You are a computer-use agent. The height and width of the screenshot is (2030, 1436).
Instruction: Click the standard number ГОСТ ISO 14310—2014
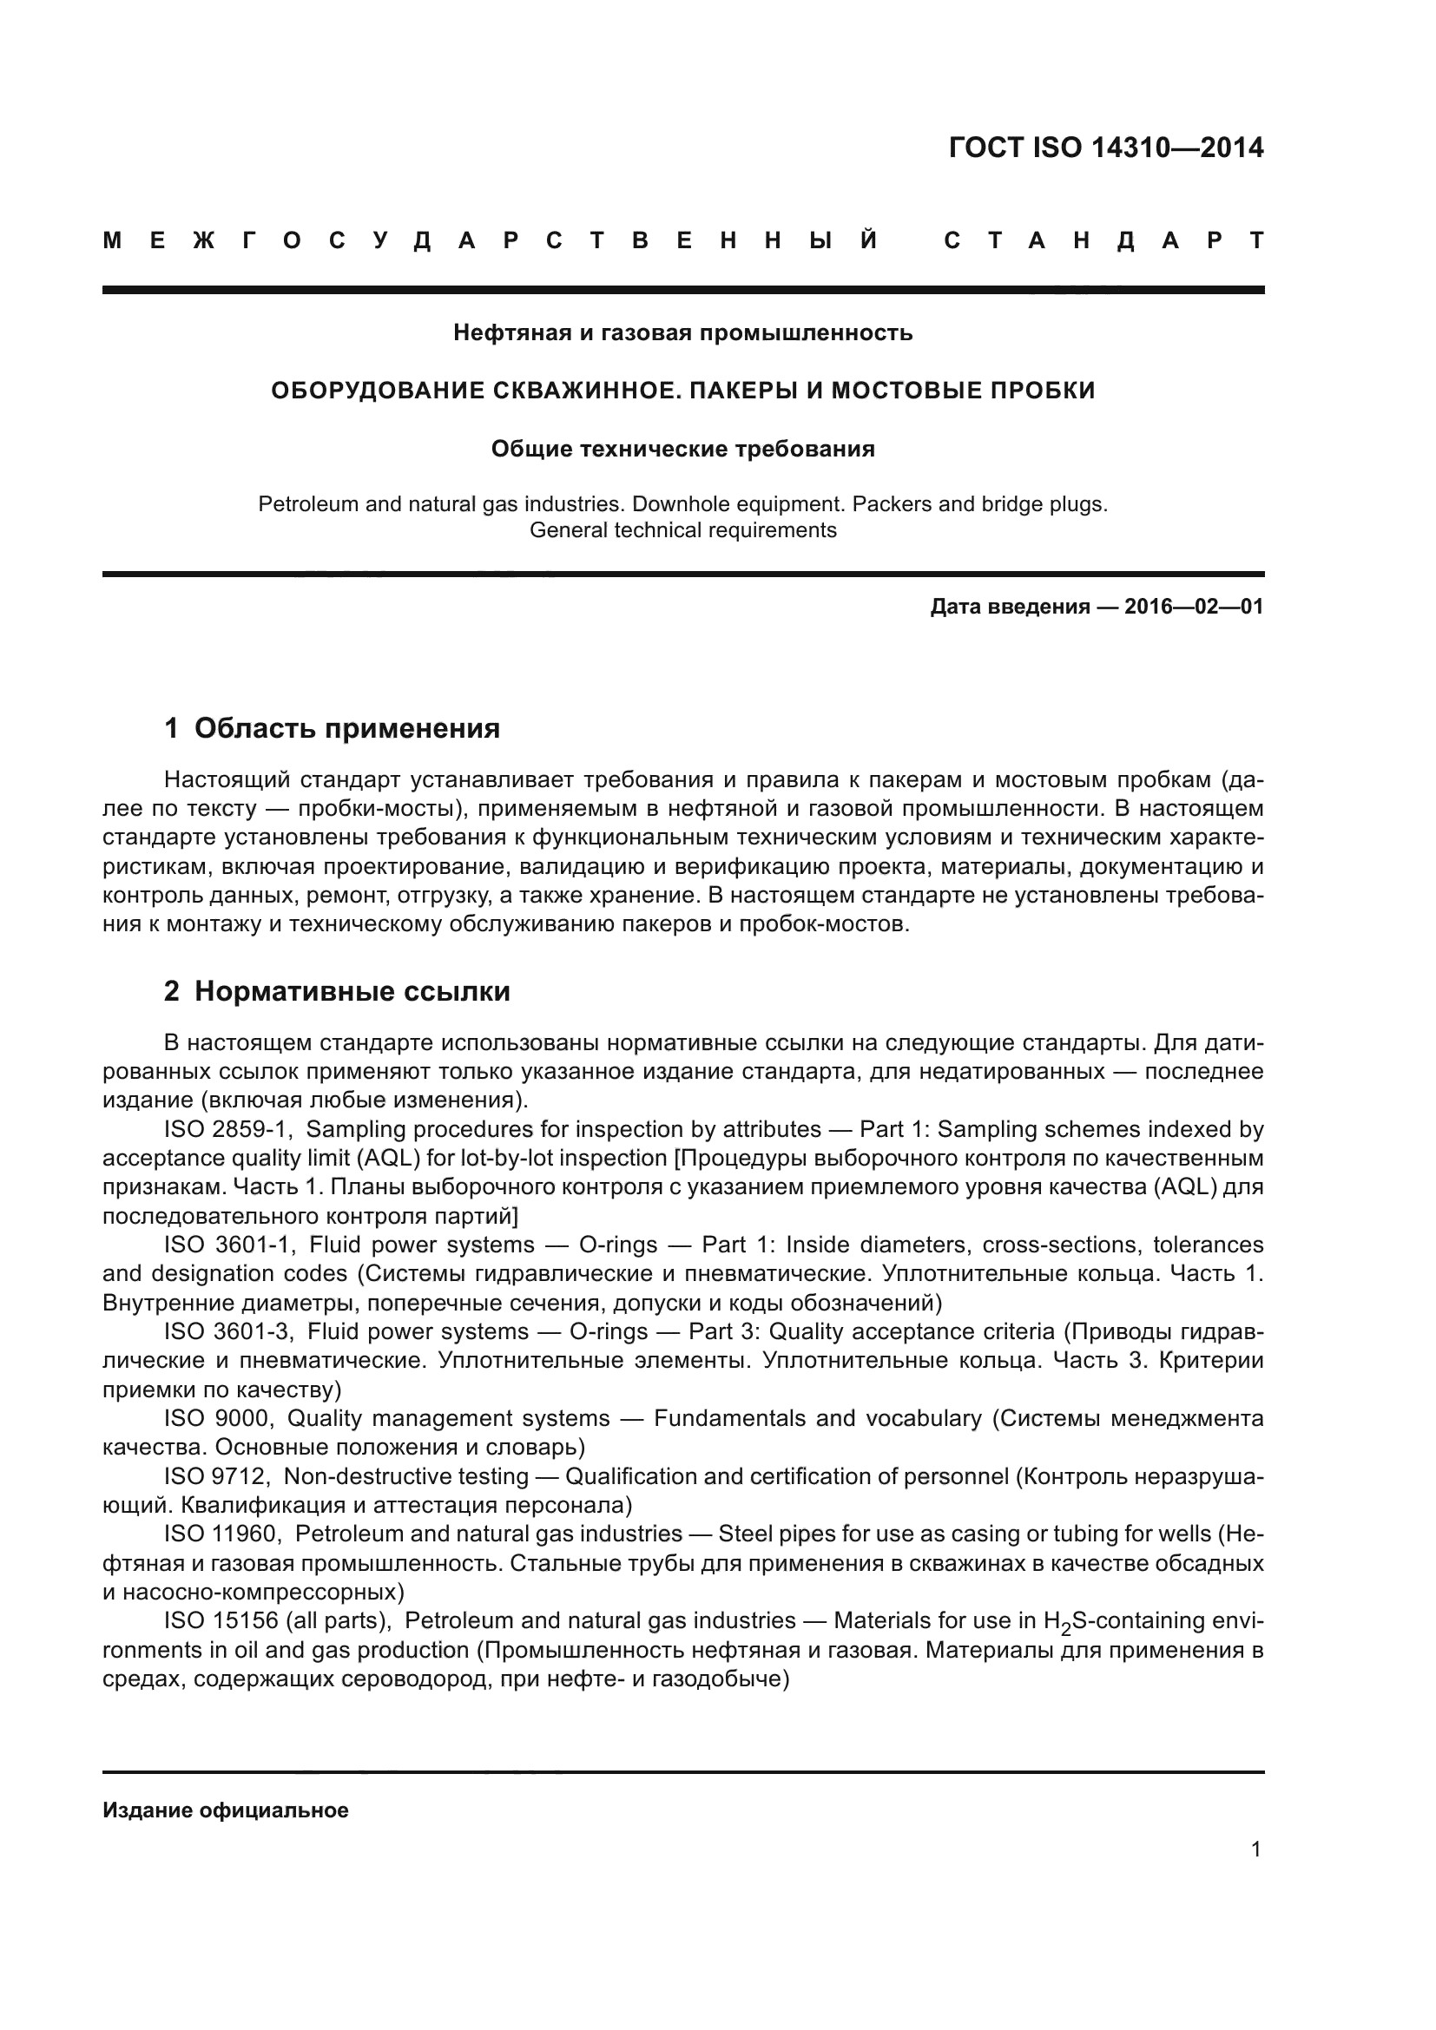point(1105,148)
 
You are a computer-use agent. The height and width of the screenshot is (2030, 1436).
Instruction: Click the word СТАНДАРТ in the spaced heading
point(1104,240)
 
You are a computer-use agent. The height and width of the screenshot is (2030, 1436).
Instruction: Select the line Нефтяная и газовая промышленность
point(682,333)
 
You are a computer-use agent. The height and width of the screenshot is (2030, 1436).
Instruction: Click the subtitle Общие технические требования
point(682,450)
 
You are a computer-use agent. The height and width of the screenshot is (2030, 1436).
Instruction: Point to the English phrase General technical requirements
point(682,530)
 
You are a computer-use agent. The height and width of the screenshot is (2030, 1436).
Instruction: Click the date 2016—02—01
point(1194,607)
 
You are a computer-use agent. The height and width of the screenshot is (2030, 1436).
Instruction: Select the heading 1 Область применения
point(333,728)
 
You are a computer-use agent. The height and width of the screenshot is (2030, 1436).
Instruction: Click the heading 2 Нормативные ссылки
point(337,992)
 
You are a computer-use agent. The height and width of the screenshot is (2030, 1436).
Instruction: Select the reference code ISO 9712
point(218,1476)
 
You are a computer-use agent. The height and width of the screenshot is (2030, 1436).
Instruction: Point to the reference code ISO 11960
point(223,1534)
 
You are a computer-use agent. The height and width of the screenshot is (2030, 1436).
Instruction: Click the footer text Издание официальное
point(226,1810)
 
